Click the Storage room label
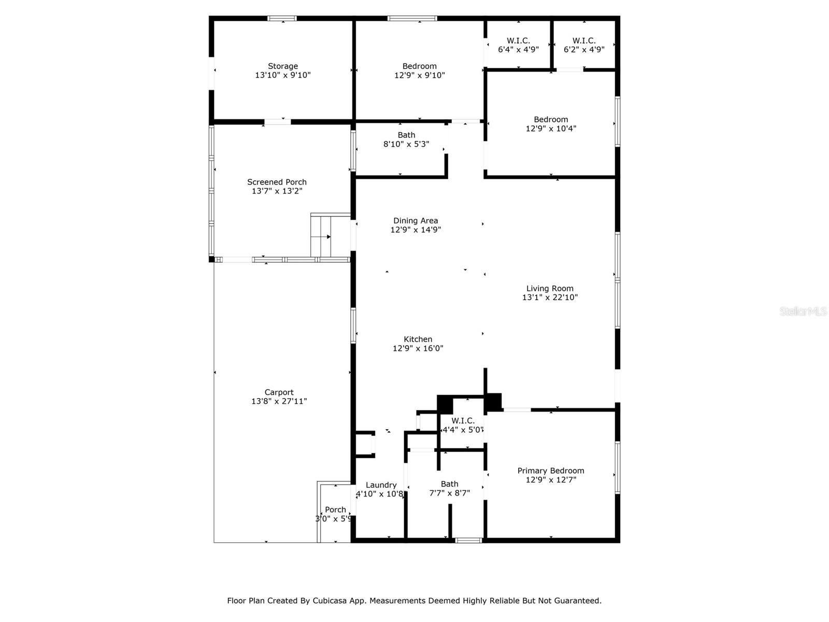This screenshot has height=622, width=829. tap(282, 66)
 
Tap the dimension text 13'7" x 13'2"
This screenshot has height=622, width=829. tap(277, 191)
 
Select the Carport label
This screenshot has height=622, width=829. tap(279, 392)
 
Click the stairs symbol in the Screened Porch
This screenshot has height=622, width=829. tap(321, 236)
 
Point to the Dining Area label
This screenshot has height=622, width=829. tap(415, 220)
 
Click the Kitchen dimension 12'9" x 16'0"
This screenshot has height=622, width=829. tap(418, 348)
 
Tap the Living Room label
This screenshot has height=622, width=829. tap(550, 288)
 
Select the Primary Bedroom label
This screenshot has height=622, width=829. tap(550, 471)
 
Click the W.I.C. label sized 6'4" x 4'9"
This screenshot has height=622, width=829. tap(518, 40)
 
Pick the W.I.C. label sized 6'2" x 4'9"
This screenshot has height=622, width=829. tap(584, 40)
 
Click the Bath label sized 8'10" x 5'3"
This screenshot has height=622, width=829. tap(406, 135)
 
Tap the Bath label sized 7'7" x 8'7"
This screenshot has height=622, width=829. tap(449, 484)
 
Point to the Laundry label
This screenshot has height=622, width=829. tap(381, 485)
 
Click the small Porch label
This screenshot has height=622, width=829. tap(335, 510)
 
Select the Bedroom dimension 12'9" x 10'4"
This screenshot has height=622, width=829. tap(551, 129)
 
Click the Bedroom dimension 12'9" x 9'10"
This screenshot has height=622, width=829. tap(419, 75)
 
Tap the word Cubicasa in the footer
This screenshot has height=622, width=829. tap(332, 601)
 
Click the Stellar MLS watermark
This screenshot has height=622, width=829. tap(803, 312)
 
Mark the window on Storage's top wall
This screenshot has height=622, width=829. tap(282, 19)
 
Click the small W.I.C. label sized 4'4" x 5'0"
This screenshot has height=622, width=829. tap(463, 421)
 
